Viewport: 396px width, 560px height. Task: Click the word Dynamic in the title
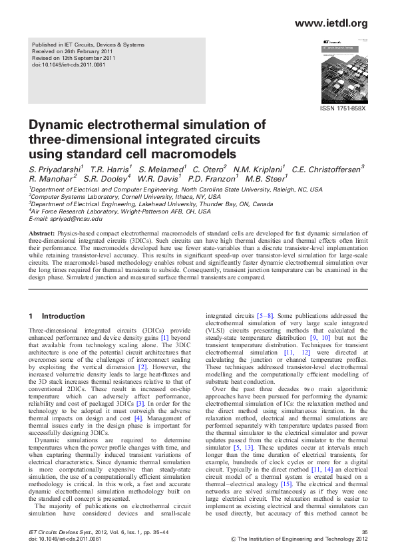click(x=59, y=125)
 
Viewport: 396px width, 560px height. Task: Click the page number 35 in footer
click(x=363, y=532)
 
